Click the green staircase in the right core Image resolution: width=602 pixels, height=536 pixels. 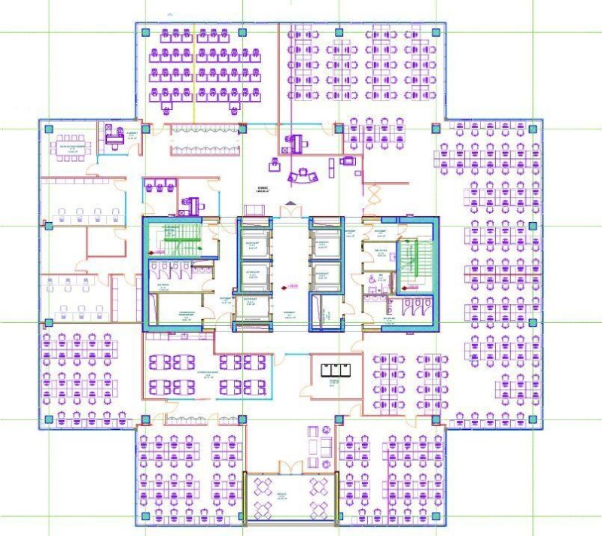(411, 263)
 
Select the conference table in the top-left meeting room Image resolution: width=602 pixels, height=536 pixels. (68, 144)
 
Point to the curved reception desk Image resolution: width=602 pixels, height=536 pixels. (303, 175)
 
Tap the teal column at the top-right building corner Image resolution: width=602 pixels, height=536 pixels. (436, 32)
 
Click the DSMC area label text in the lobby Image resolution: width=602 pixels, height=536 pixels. (262, 189)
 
